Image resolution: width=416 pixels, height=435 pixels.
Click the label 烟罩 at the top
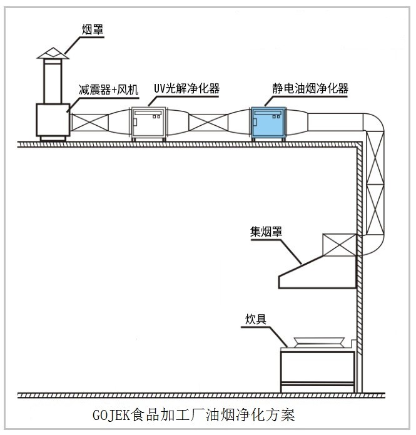pyautogui.click(x=93, y=29)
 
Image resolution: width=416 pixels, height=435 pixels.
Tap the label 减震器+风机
pyautogui.click(x=108, y=90)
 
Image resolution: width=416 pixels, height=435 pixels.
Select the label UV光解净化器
pyautogui.click(x=186, y=89)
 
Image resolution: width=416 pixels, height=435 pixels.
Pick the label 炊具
pyautogui.click(x=255, y=319)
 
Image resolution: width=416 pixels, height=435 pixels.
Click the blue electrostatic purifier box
pyautogui.click(x=268, y=123)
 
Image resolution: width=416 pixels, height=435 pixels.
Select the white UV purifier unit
pyautogui.click(x=148, y=123)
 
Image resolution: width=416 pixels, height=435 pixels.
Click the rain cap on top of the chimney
pyautogui.click(x=52, y=53)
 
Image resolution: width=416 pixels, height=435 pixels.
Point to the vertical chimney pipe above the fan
pyautogui.click(x=52, y=81)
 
